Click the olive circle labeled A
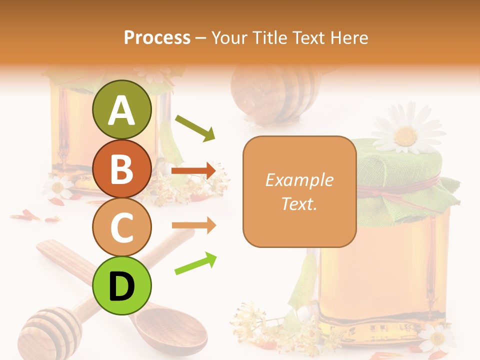pos(121,110)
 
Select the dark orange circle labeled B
pos(121,168)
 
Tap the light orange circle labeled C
pos(121,227)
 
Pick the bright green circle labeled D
pos(121,285)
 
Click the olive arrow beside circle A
pos(195,127)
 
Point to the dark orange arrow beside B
pos(193,171)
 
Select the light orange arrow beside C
pos(193,225)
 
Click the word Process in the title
pos(157,37)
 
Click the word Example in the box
pos(299,180)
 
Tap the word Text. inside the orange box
pos(299,203)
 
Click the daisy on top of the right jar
pos(406,134)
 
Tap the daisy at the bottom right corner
pos(437,337)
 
